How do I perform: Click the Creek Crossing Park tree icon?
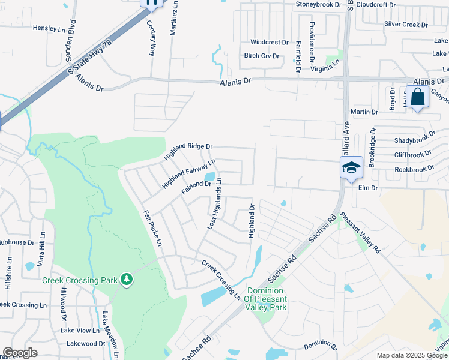126,279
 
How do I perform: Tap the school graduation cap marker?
351,167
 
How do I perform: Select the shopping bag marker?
417,97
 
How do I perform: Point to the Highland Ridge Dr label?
189,152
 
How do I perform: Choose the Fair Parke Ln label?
152,228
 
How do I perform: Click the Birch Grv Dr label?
262,56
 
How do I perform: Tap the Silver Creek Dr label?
406,25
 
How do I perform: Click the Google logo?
20,352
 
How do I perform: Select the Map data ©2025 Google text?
411,355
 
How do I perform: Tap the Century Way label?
151,38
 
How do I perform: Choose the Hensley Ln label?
49,28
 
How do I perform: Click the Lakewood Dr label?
86,344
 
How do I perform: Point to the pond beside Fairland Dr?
209,177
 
